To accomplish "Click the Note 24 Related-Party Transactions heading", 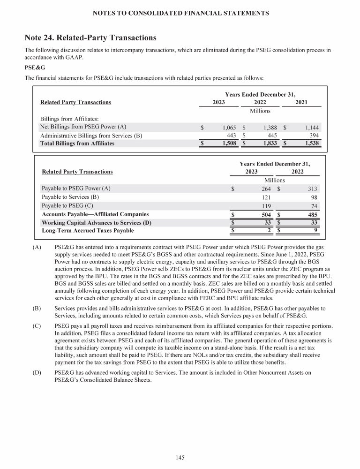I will coord(90,37).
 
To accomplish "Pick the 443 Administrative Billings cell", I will coord(230,136).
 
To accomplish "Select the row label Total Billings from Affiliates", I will coord(77,144).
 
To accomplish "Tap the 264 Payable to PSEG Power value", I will coord(265,189).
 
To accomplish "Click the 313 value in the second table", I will coord(312,189).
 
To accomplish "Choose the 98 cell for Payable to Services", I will coord(314,197).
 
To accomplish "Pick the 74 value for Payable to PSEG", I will coord(314,206).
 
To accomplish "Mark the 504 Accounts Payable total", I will coord(265,214).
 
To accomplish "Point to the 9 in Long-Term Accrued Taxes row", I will coord(316,230).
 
